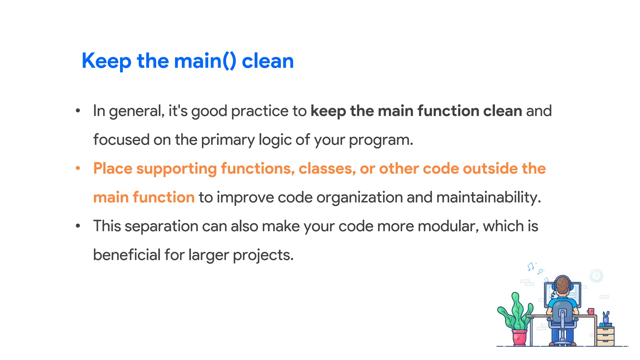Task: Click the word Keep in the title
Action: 106,61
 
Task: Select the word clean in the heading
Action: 268,61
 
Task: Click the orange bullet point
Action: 78,169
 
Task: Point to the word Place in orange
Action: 112,169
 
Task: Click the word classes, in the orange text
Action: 327,169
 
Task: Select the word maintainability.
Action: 488,197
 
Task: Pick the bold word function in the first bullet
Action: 448,111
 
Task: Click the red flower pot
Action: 519,337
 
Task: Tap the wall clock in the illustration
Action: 596,276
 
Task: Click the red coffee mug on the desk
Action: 591,311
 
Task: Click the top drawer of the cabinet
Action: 605,331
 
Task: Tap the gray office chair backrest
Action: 562,311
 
